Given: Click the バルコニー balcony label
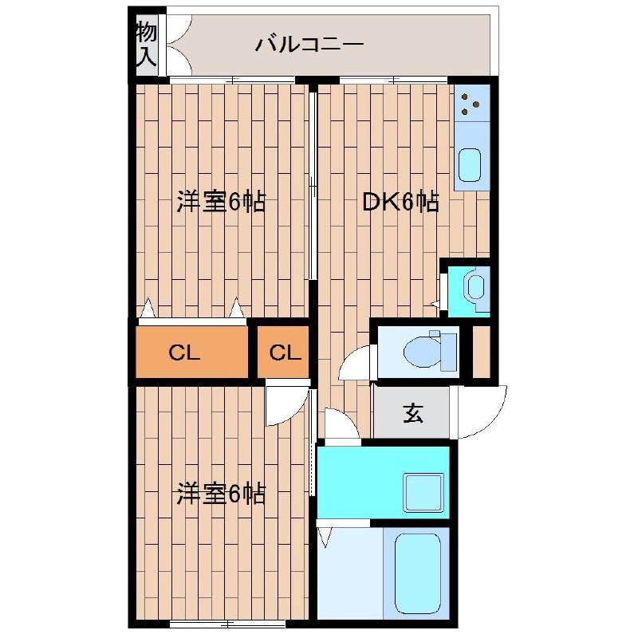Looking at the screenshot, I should (309, 45).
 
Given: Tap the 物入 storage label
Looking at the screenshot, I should (145, 45).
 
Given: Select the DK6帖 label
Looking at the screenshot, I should (400, 203).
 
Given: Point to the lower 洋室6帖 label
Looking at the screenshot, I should (221, 494).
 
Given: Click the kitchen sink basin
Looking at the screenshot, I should (471, 164).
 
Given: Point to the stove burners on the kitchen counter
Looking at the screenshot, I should (471, 103).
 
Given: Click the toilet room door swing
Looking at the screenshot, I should (355, 365).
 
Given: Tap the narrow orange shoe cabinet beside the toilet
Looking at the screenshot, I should (481, 351).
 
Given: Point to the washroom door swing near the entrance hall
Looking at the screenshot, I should (340, 423).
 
